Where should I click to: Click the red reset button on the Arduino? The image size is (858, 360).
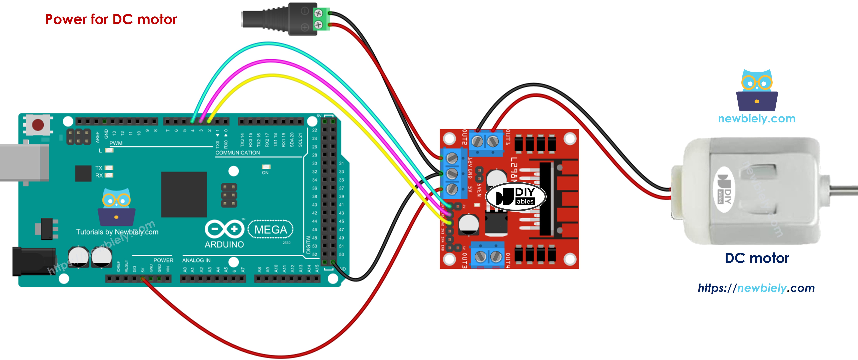coord(38,125)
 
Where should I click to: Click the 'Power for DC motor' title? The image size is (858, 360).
coord(111,19)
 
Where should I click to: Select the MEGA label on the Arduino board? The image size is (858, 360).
coord(270,229)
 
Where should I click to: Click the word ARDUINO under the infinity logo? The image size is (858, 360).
coord(224,244)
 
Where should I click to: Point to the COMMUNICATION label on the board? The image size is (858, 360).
coord(238,152)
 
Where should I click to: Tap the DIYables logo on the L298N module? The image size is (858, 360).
coord(516,196)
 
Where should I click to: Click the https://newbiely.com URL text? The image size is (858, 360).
coord(756,288)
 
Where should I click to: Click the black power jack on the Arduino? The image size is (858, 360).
coord(33,261)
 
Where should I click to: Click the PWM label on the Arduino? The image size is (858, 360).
coord(116,143)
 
